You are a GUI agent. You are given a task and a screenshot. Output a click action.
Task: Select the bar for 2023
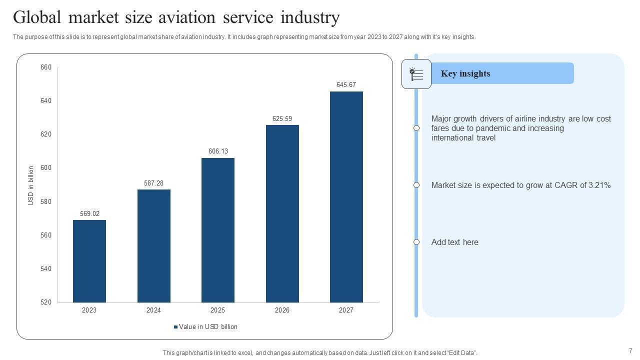click(x=89, y=261)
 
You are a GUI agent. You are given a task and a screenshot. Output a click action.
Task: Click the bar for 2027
click(x=346, y=197)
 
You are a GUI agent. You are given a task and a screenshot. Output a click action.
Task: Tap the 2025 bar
click(x=218, y=230)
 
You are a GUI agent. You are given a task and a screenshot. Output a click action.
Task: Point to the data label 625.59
click(x=282, y=118)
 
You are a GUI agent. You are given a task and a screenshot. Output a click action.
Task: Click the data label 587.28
click(x=153, y=183)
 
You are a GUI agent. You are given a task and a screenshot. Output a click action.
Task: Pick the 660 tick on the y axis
click(x=46, y=67)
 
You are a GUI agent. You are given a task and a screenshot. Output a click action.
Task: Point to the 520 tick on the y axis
click(x=46, y=302)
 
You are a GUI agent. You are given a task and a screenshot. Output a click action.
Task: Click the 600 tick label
click(x=46, y=167)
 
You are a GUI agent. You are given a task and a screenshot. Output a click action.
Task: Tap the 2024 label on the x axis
click(x=153, y=310)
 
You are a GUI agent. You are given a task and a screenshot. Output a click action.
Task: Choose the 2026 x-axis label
click(x=282, y=310)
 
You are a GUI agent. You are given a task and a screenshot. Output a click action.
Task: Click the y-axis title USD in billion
click(x=31, y=185)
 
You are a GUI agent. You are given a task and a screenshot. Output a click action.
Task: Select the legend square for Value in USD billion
click(x=176, y=327)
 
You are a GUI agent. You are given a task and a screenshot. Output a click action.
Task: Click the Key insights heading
click(x=465, y=73)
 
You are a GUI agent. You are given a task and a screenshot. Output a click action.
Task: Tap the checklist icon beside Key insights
click(x=416, y=74)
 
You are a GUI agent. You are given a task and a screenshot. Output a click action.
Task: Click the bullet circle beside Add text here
click(x=416, y=242)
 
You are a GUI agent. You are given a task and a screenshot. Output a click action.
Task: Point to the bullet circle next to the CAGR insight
click(x=416, y=185)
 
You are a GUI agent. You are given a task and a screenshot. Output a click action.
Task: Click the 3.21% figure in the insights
click(x=599, y=185)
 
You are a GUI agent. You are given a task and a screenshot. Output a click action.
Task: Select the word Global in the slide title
click(x=37, y=17)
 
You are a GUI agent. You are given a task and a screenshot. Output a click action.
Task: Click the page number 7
click(x=630, y=351)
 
